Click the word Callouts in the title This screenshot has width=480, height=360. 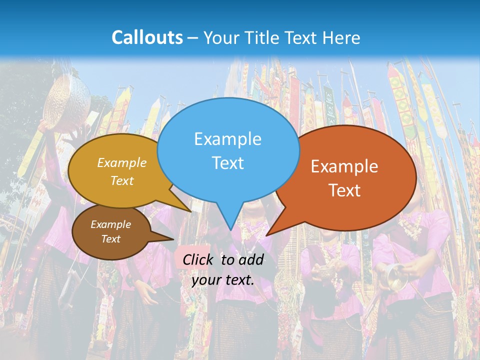tap(147, 37)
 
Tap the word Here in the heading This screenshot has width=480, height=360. tap(342, 37)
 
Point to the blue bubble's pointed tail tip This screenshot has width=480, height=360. tap(230, 230)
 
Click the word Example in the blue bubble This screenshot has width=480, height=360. tap(227, 139)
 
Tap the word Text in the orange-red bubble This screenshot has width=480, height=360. tap(345, 190)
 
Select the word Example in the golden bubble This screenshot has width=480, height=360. tap(122, 162)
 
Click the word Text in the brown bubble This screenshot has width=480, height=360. tap(110, 239)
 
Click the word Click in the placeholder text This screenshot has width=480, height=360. tap(198, 259)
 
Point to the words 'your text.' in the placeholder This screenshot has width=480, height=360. tap(223, 280)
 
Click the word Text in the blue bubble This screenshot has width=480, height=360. tap(227, 163)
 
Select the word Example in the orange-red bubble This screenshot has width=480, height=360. tap(344, 166)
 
